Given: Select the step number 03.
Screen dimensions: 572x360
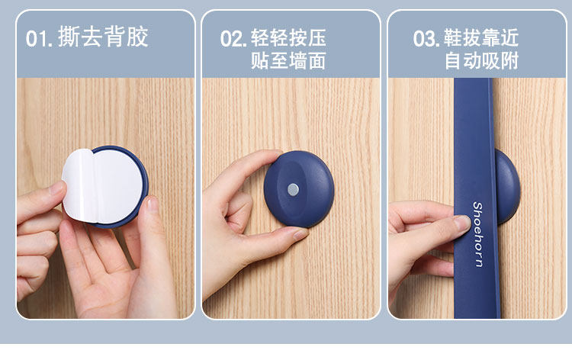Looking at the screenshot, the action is tap(426, 38).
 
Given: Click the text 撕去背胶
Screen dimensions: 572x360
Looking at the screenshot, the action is tap(103, 37).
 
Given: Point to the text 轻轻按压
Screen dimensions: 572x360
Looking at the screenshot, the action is tap(288, 38).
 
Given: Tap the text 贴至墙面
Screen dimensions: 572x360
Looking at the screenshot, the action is tap(288, 60).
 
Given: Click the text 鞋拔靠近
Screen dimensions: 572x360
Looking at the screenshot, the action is tap(481, 38).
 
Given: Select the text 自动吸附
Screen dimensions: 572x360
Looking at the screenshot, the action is tap(481, 60).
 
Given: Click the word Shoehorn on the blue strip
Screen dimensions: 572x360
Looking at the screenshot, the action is tap(478, 234).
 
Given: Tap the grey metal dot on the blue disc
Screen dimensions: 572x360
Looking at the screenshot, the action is tap(294, 189).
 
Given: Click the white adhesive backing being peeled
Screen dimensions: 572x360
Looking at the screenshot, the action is tap(101, 186).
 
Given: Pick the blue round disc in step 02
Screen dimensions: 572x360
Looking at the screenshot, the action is tap(299, 189).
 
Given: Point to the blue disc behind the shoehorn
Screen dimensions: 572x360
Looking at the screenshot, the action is tap(507, 186).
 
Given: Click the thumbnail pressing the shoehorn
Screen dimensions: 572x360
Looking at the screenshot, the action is tap(462, 222).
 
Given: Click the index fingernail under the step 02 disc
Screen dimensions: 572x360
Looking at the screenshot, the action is tap(300, 233).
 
